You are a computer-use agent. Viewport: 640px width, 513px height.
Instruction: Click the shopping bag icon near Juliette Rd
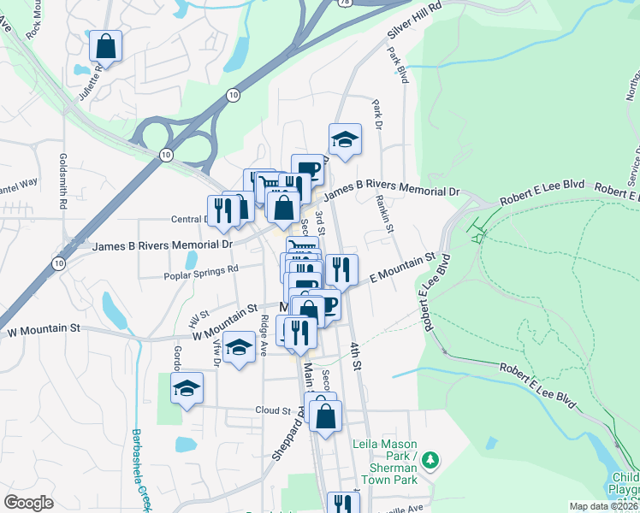105,48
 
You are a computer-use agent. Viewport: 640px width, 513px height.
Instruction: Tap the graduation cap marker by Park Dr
345,140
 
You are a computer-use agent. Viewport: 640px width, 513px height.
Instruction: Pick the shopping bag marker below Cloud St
325,418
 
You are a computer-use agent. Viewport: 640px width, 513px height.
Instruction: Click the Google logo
28,503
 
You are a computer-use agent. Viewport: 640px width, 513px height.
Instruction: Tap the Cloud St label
273,410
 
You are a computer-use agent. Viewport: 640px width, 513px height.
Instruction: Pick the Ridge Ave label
265,335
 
